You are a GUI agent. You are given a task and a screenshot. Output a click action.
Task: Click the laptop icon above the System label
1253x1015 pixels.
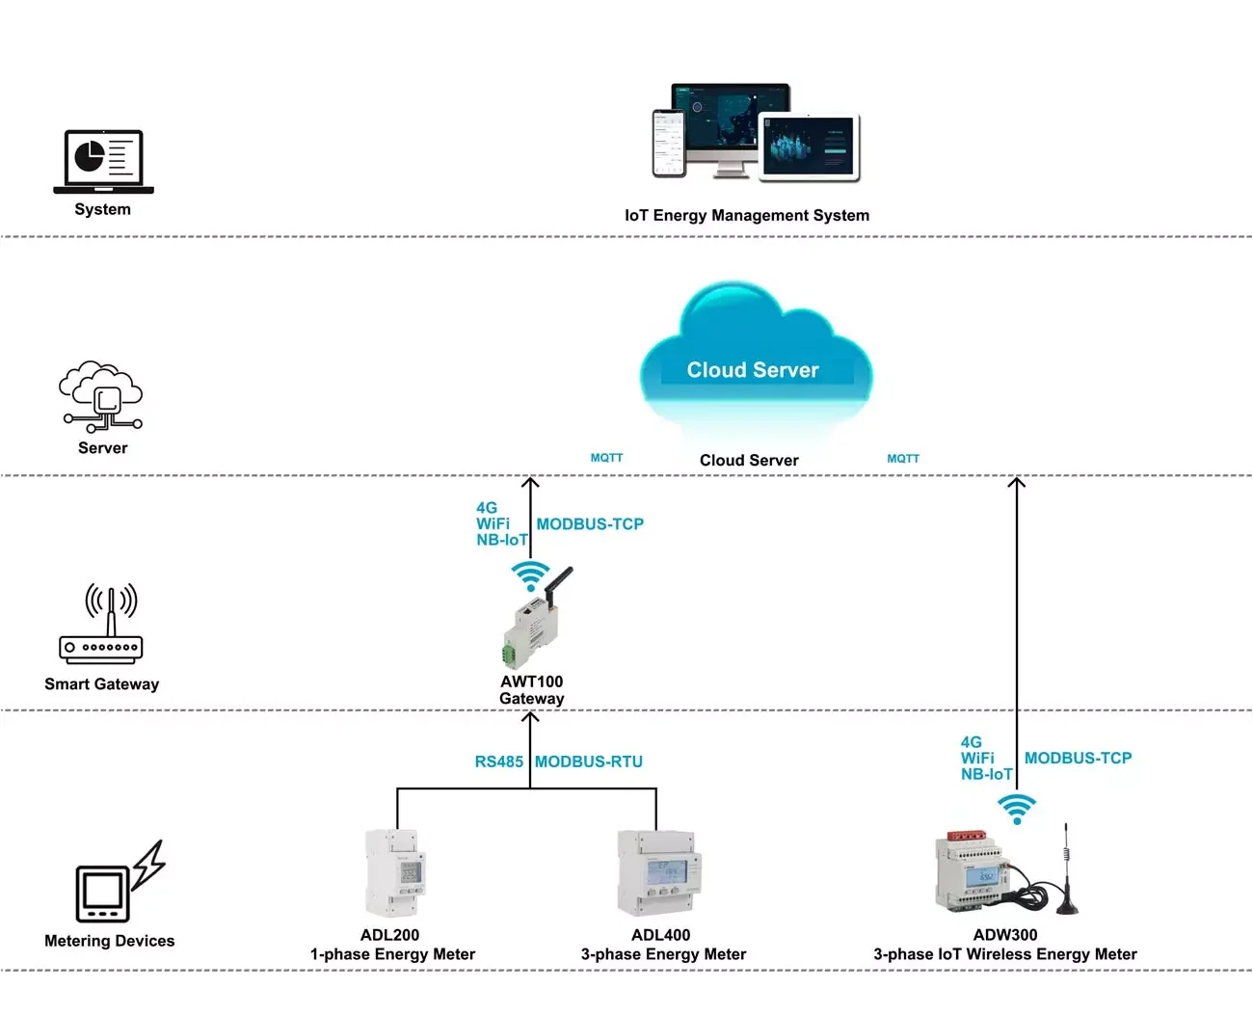(x=103, y=161)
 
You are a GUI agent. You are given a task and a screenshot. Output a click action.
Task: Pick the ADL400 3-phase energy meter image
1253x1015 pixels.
(x=659, y=873)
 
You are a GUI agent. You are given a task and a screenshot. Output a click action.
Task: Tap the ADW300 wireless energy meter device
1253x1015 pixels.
(x=973, y=872)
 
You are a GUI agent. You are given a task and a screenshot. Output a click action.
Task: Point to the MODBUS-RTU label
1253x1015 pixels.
(x=589, y=761)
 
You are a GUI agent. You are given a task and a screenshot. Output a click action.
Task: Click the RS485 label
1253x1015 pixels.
(x=498, y=761)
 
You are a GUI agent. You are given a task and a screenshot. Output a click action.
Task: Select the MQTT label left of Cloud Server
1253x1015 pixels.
(x=607, y=458)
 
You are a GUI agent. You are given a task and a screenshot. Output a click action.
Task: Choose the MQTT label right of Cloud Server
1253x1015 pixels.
(x=903, y=459)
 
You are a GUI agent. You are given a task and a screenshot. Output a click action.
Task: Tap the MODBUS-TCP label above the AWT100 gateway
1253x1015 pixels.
(x=590, y=524)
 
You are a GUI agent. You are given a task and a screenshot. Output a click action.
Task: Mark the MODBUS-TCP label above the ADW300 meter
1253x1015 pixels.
(x=1078, y=759)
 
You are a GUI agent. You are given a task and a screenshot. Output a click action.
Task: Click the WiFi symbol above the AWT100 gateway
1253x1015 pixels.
(x=530, y=575)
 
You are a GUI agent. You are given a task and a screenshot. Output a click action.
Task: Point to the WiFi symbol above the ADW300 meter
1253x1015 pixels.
(x=1017, y=808)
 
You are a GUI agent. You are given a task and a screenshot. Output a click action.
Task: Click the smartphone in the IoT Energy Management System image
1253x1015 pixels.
(x=669, y=143)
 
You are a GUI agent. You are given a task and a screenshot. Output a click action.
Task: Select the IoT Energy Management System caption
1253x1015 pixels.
(x=747, y=216)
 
